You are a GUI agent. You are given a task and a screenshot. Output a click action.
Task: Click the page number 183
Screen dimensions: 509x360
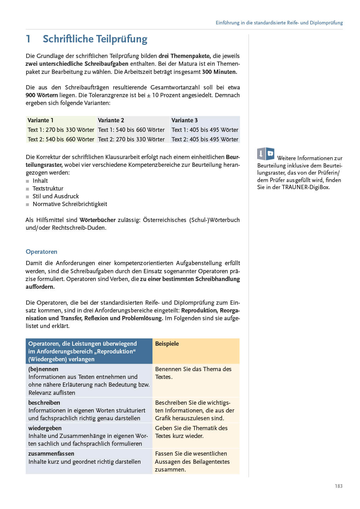[x=338, y=486]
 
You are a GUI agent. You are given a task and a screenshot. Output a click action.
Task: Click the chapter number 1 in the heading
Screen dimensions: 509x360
[x=28, y=39]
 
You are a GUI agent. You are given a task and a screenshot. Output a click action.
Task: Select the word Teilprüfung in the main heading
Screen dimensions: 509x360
[x=118, y=39]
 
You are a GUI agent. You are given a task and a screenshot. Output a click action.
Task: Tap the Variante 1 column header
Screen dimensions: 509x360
[x=41, y=120]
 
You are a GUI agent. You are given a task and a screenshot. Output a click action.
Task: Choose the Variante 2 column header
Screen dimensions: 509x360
[x=111, y=120]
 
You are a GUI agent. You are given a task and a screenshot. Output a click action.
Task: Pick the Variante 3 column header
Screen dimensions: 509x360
[x=185, y=120]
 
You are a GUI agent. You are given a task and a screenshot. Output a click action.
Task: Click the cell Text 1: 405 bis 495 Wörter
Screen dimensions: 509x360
[x=205, y=130]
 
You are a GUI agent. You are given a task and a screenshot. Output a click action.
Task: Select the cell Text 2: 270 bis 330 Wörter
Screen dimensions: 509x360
[x=131, y=139]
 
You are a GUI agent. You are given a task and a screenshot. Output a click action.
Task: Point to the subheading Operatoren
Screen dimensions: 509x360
[x=41, y=252]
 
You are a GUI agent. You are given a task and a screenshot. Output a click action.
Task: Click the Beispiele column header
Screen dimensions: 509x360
[x=167, y=344]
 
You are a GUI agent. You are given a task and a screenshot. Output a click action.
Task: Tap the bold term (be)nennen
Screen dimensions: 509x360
[x=43, y=369]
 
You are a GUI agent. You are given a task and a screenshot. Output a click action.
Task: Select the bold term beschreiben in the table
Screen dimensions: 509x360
[x=44, y=403]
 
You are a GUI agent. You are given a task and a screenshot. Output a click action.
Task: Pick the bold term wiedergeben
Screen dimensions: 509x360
[x=45, y=428]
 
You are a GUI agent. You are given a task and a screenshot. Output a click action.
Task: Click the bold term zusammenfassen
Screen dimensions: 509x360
[x=51, y=454]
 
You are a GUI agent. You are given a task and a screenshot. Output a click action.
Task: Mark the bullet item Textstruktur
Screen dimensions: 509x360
[x=48, y=188]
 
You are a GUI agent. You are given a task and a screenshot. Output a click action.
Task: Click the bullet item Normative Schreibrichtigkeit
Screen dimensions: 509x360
[x=70, y=204]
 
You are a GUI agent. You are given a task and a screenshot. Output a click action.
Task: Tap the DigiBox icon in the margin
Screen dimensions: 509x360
[x=266, y=154]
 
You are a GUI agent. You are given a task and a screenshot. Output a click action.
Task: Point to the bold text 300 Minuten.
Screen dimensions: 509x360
[x=220, y=72]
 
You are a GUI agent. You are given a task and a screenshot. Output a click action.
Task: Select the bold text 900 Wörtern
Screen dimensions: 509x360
[x=41, y=95]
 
